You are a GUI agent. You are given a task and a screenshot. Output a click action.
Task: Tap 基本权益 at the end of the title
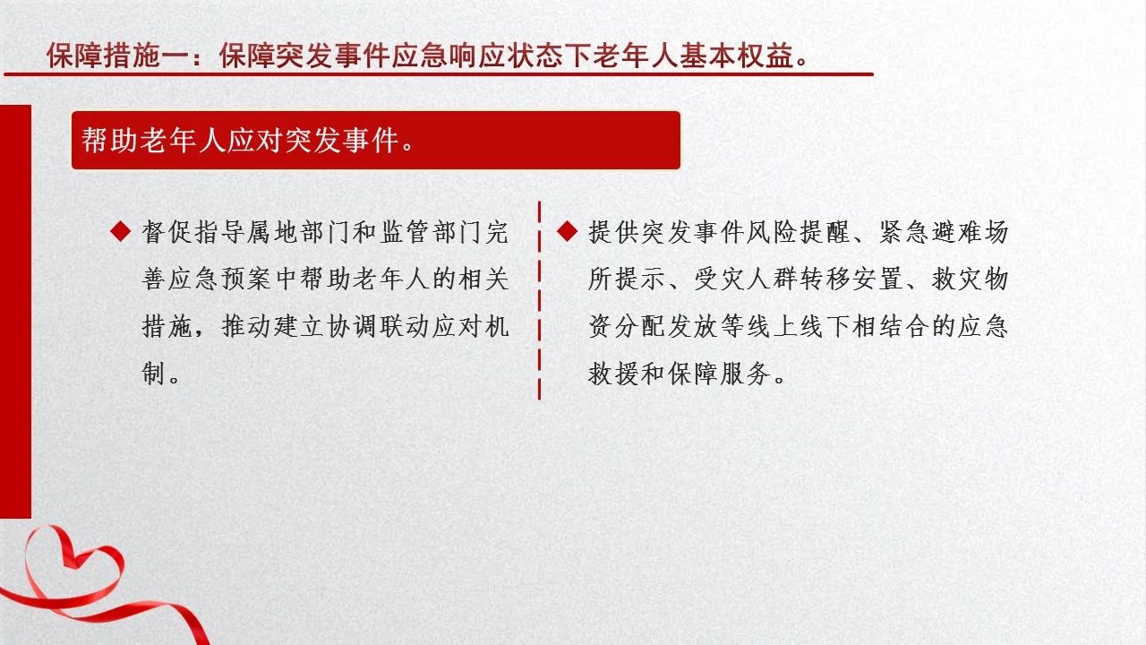pos(736,56)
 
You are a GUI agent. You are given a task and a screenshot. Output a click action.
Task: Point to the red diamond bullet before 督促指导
pos(121,231)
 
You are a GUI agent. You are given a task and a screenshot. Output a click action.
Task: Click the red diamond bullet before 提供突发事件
pos(567,231)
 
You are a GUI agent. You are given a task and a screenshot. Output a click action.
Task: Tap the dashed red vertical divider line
pos(539,300)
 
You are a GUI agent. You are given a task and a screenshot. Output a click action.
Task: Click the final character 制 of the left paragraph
pos(153,374)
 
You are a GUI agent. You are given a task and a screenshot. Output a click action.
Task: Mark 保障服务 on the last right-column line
pos(718,374)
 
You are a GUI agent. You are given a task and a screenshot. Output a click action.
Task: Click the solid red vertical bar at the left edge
pos(15,311)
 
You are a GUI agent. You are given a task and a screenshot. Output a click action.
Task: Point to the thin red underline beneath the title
pos(439,74)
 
